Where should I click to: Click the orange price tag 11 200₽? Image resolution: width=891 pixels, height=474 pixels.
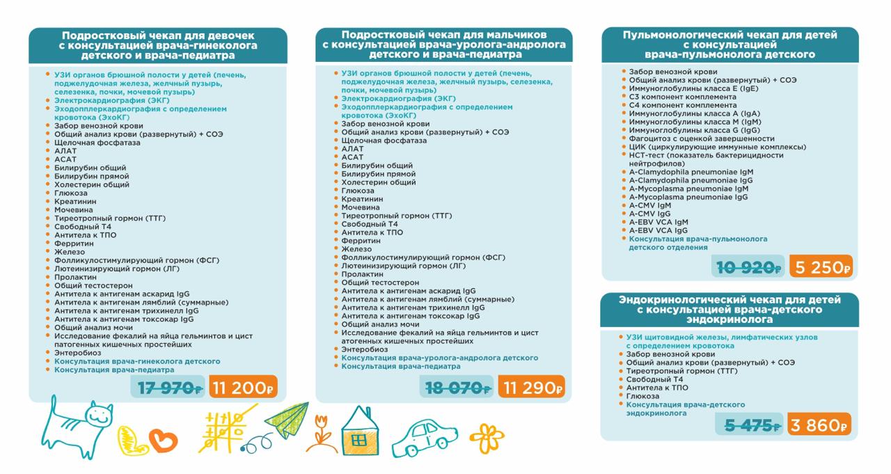coord(244,387)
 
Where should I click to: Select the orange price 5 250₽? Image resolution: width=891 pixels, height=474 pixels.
coord(821,267)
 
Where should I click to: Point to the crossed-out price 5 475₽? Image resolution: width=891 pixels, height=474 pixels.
coord(752,425)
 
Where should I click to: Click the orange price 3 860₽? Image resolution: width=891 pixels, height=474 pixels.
coord(819,425)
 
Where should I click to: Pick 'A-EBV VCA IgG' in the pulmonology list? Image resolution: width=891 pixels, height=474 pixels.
coord(658,230)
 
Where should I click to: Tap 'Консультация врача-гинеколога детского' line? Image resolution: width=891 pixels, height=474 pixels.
coord(137,361)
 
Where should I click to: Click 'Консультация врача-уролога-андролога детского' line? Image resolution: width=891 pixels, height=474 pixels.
coord(439,358)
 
